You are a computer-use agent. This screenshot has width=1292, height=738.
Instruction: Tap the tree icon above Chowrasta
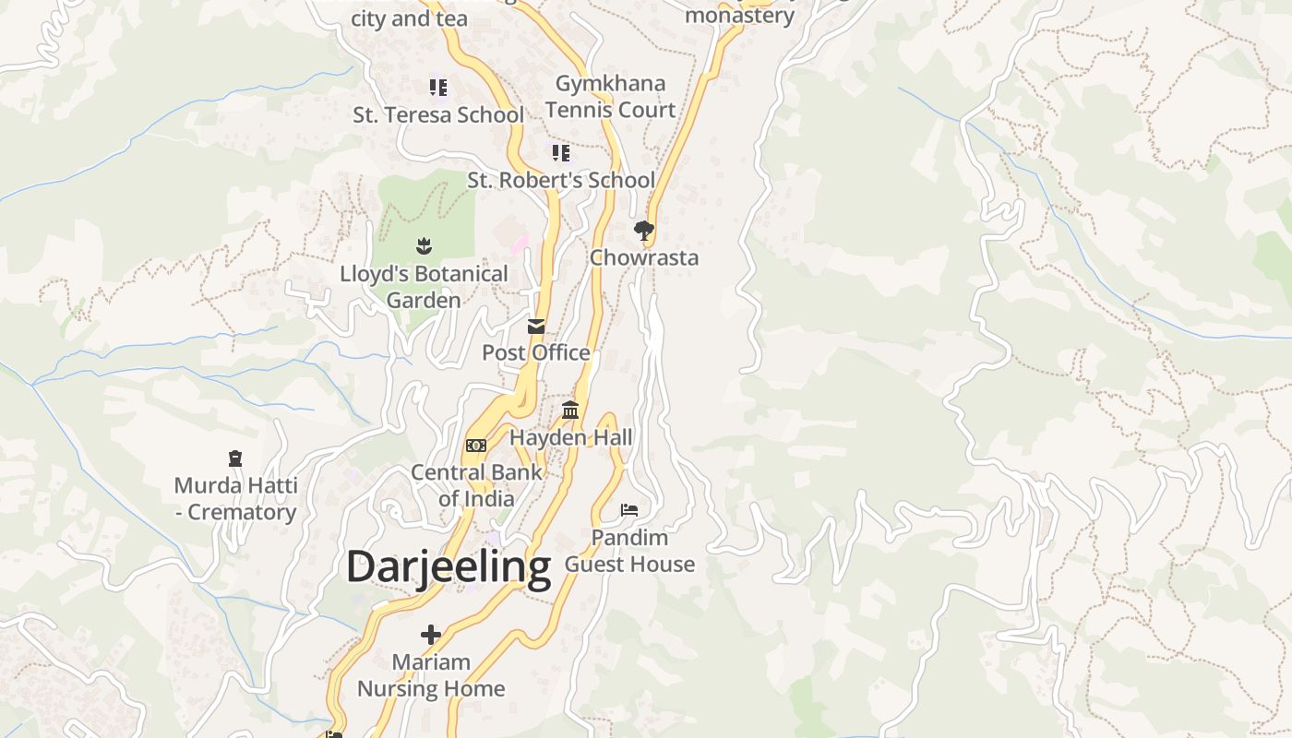click(x=644, y=230)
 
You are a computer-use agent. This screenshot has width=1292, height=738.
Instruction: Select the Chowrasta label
click(x=644, y=257)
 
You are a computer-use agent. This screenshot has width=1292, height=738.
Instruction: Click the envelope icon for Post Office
click(x=536, y=326)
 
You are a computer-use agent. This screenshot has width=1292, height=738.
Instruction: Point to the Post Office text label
click(x=536, y=352)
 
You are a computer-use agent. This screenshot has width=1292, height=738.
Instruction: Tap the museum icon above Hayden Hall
click(x=570, y=410)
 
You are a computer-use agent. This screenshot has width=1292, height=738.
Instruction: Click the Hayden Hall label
click(x=571, y=437)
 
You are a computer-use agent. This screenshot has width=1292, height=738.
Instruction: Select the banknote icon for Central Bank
click(x=475, y=446)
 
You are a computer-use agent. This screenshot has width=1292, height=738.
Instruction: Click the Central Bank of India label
click(x=476, y=485)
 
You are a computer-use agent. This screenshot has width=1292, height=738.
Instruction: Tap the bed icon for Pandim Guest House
click(x=629, y=509)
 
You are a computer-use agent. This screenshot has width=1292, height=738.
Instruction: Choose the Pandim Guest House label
click(x=629, y=551)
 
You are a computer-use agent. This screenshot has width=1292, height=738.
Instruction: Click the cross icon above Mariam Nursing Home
click(x=431, y=635)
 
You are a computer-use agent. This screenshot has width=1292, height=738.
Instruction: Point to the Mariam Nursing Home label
click(x=431, y=675)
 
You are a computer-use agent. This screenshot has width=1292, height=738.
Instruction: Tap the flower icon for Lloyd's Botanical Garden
click(x=424, y=245)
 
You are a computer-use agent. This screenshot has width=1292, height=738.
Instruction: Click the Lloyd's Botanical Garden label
click(x=424, y=287)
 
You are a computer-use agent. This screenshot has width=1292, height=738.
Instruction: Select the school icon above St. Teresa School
click(x=438, y=88)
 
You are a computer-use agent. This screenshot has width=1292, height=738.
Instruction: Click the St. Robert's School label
click(x=561, y=180)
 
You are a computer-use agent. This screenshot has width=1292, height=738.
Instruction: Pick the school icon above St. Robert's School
click(x=561, y=152)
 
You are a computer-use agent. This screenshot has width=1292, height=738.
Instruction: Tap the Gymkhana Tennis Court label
click(x=610, y=96)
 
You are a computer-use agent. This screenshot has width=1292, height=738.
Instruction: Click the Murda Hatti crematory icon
click(x=235, y=458)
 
